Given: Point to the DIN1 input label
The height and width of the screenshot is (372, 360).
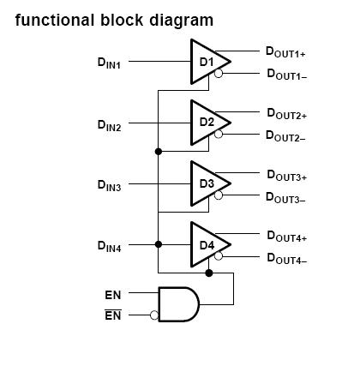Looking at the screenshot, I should pos(109,63).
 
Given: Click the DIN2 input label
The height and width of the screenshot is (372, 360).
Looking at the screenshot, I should pos(109,125).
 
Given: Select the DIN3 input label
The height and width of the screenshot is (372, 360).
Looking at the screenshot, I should pos(109,186).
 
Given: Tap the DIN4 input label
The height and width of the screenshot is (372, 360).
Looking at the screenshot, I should pos(109,247).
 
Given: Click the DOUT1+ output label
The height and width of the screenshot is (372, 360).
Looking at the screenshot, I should pos(285,52).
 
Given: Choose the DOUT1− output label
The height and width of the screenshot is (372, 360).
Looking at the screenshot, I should pos(285,75).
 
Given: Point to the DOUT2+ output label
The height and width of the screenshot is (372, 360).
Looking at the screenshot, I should pos(285,114).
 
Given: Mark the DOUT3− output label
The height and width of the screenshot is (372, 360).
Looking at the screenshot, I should pos(285,198).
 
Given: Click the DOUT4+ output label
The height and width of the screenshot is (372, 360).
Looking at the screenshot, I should pos(285,236).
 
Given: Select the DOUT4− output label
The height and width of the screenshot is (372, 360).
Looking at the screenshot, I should pos(285,258).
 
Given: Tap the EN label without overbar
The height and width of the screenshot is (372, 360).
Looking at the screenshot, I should pos(112,295).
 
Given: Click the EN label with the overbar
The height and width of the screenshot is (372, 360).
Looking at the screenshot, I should pos(112,315).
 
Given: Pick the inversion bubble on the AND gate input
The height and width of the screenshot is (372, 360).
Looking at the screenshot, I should pos(154,315).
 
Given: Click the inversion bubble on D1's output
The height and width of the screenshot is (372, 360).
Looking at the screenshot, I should pos(219,75).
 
